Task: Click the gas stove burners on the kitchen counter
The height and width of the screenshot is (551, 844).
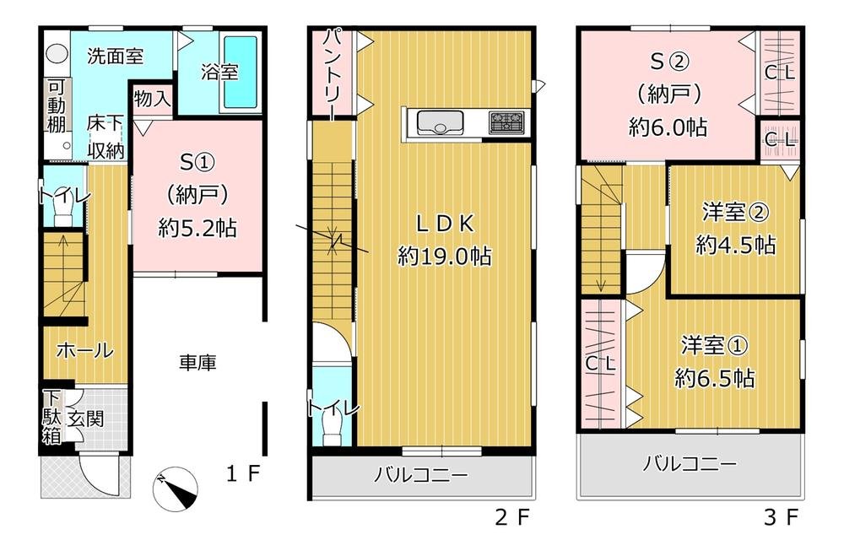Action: (x=506, y=122)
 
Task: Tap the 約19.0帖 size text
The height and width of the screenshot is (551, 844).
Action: (x=445, y=256)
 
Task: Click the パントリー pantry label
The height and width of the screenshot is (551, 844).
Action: (x=333, y=73)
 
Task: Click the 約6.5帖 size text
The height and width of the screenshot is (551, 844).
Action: (x=714, y=377)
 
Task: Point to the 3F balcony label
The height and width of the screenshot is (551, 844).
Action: (x=690, y=463)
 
